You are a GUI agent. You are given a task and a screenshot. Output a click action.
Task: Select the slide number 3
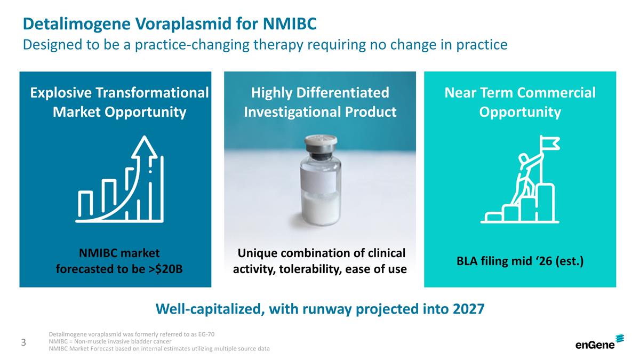pyautogui.click(x=23, y=342)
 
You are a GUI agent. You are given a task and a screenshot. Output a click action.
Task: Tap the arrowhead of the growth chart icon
pyautogui.click(x=145, y=147)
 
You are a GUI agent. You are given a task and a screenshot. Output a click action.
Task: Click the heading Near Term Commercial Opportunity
pyautogui.click(x=519, y=102)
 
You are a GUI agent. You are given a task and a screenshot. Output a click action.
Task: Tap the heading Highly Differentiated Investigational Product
pyautogui.click(x=320, y=102)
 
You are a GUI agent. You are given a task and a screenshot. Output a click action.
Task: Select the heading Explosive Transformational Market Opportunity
pyautogui.click(x=119, y=102)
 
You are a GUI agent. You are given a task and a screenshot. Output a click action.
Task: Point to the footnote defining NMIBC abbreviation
pyautogui.click(x=110, y=341)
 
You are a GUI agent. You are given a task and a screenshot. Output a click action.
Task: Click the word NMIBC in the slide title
pyautogui.click(x=290, y=24)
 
